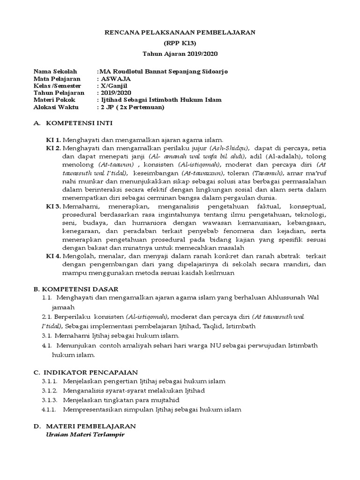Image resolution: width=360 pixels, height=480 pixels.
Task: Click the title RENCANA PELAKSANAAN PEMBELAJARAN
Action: coord(180,32)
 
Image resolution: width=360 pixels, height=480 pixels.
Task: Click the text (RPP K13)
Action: coord(180,43)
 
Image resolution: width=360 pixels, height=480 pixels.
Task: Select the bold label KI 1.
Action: coord(53,140)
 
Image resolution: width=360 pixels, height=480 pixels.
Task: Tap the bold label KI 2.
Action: coord(53,148)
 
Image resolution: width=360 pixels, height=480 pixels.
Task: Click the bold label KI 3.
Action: coord(53,207)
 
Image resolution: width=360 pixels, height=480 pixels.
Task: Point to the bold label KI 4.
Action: coord(53,256)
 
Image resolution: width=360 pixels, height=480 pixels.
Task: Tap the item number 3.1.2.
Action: coord(49,390)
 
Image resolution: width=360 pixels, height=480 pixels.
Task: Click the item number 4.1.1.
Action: coord(49,409)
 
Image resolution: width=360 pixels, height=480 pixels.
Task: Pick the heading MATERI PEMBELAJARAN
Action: coord(90,426)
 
